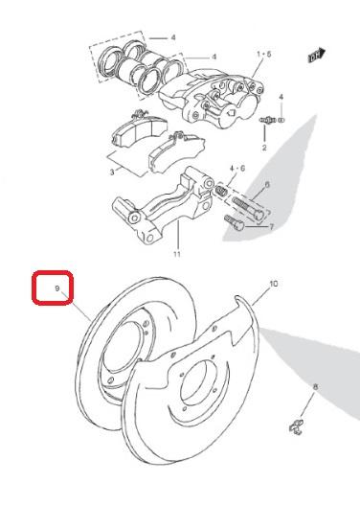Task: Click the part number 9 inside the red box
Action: coord(57,288)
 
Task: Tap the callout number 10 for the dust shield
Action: coord(273,284)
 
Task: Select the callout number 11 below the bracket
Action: coord(177,254)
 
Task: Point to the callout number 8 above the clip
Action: coord(315,386)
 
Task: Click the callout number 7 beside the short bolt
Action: coord(271,227)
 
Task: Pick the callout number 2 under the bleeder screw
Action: coord(264,148)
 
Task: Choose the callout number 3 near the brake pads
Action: coord(112,172)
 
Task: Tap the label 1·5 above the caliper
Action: coord(264,54)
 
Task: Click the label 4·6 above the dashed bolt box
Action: coord(237,168)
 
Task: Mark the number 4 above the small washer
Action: coord(281,97)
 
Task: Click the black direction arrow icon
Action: coord(317,56)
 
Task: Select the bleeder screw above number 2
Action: coord(266,120)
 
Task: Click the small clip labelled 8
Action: coord(296,428)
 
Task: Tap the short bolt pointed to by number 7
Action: coord(235,222)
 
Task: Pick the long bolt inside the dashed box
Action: coord(248,208)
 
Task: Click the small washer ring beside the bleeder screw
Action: coord(281,120)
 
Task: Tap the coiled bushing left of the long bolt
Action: coord(221,191)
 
